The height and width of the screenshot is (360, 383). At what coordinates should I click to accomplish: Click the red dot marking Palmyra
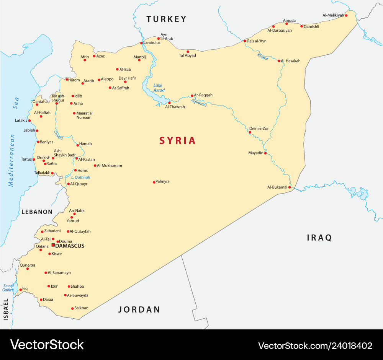pyautogui.click(x=154, y=182)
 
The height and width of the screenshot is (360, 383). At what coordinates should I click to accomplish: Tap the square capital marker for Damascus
pyautogui.click(x=53, y=245)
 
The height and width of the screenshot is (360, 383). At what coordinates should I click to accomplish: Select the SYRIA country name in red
pyautogui.click(x=177, y=141)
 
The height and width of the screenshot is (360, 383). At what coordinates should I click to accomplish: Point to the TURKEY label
pyautogui.click(x=166, y=19)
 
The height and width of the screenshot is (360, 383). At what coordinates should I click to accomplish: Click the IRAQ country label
pyautogui.click(x=319, y=238)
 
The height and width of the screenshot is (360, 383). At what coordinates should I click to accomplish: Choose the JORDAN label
pyautogui.click(x=139, y=310)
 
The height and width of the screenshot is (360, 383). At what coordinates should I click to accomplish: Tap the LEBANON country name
pyautogui.click(x=37, y=212)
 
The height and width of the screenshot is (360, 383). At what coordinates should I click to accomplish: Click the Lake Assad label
pyautogui.click(x=159, y=88)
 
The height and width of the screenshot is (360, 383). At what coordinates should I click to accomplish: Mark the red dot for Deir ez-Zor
pyautogui.click(x=250, y=132)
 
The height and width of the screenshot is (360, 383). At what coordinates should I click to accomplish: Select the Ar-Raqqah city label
pyautogui.click(x=203, y=95)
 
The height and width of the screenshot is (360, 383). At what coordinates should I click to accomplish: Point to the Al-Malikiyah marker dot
pyautogui.click(x=346, y=16)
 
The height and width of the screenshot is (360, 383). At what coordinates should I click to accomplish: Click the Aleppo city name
pyautogui.click(x=107, y=79)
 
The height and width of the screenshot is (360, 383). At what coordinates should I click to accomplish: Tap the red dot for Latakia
pyautogui.click(x=29, y=121)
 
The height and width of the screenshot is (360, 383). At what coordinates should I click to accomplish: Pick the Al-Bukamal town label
pyautogui.click(x=277, y=187)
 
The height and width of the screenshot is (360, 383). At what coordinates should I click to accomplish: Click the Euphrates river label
pyautogui.click(x=199, y=103)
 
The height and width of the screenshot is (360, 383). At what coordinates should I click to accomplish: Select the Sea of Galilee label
pyautogui.click(x=8, y=288)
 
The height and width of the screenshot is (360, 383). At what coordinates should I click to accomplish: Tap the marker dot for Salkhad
pyautogui.click(x=72, y=308)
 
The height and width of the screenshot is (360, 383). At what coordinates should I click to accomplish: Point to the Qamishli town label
pyautogui.click(x=311, y=27)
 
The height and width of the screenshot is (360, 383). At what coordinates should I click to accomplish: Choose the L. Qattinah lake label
pyautogui.click(x=80, y=178)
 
